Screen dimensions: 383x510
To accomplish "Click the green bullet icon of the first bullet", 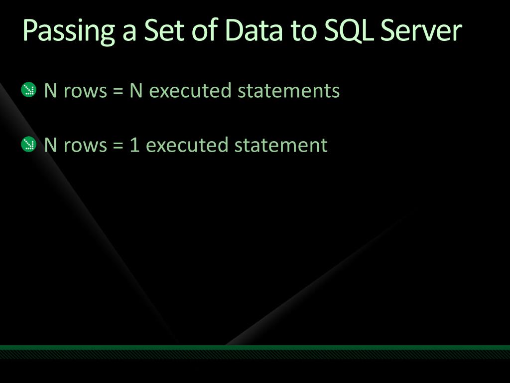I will pos(29,90).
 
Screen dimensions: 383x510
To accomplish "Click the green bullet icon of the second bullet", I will pos(29,145).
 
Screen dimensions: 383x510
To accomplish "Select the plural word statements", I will pos(288,91).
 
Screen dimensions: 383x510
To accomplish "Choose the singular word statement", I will pos(281,146).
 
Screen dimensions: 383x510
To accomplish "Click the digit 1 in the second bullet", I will pos(134,146).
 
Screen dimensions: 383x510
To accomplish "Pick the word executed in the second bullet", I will pos(187,146).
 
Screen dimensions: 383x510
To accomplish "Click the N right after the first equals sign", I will pos(136,91).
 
